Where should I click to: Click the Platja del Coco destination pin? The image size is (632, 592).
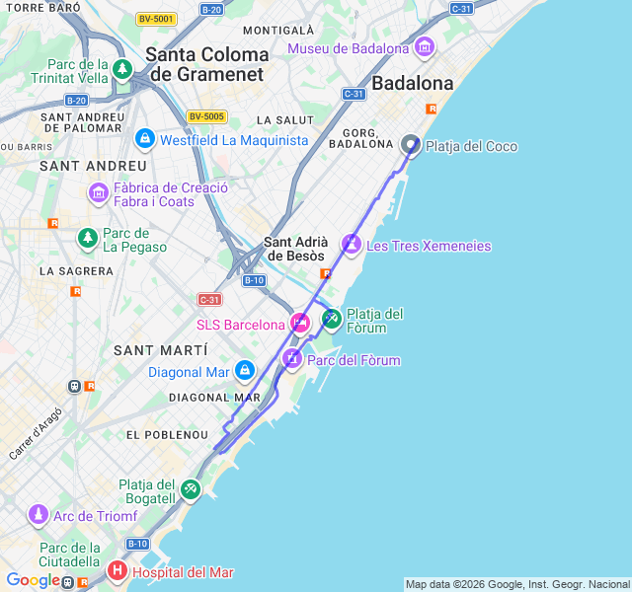412,145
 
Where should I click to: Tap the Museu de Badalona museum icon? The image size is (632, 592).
425,47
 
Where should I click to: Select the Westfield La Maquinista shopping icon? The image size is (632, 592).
145,139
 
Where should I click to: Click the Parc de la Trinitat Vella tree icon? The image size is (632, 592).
121,70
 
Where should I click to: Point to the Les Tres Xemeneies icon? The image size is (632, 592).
352,244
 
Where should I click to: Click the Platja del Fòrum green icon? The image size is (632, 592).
331,319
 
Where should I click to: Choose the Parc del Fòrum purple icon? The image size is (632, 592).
291,359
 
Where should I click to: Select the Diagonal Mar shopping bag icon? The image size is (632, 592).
244,371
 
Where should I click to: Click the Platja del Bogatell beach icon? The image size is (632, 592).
191,488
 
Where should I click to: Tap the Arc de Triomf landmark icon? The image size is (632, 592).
38,515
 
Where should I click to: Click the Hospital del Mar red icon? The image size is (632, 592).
117,571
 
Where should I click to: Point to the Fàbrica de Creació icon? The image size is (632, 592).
98,193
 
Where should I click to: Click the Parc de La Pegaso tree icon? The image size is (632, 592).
87,238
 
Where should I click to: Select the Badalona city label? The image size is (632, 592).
413,83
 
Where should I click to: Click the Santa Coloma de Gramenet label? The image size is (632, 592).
206,64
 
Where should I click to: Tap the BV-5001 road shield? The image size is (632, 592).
156,18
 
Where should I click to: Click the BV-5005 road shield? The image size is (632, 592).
207,116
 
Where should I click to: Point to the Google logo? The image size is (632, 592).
33,580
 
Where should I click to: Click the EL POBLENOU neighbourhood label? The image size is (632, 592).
167,434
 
